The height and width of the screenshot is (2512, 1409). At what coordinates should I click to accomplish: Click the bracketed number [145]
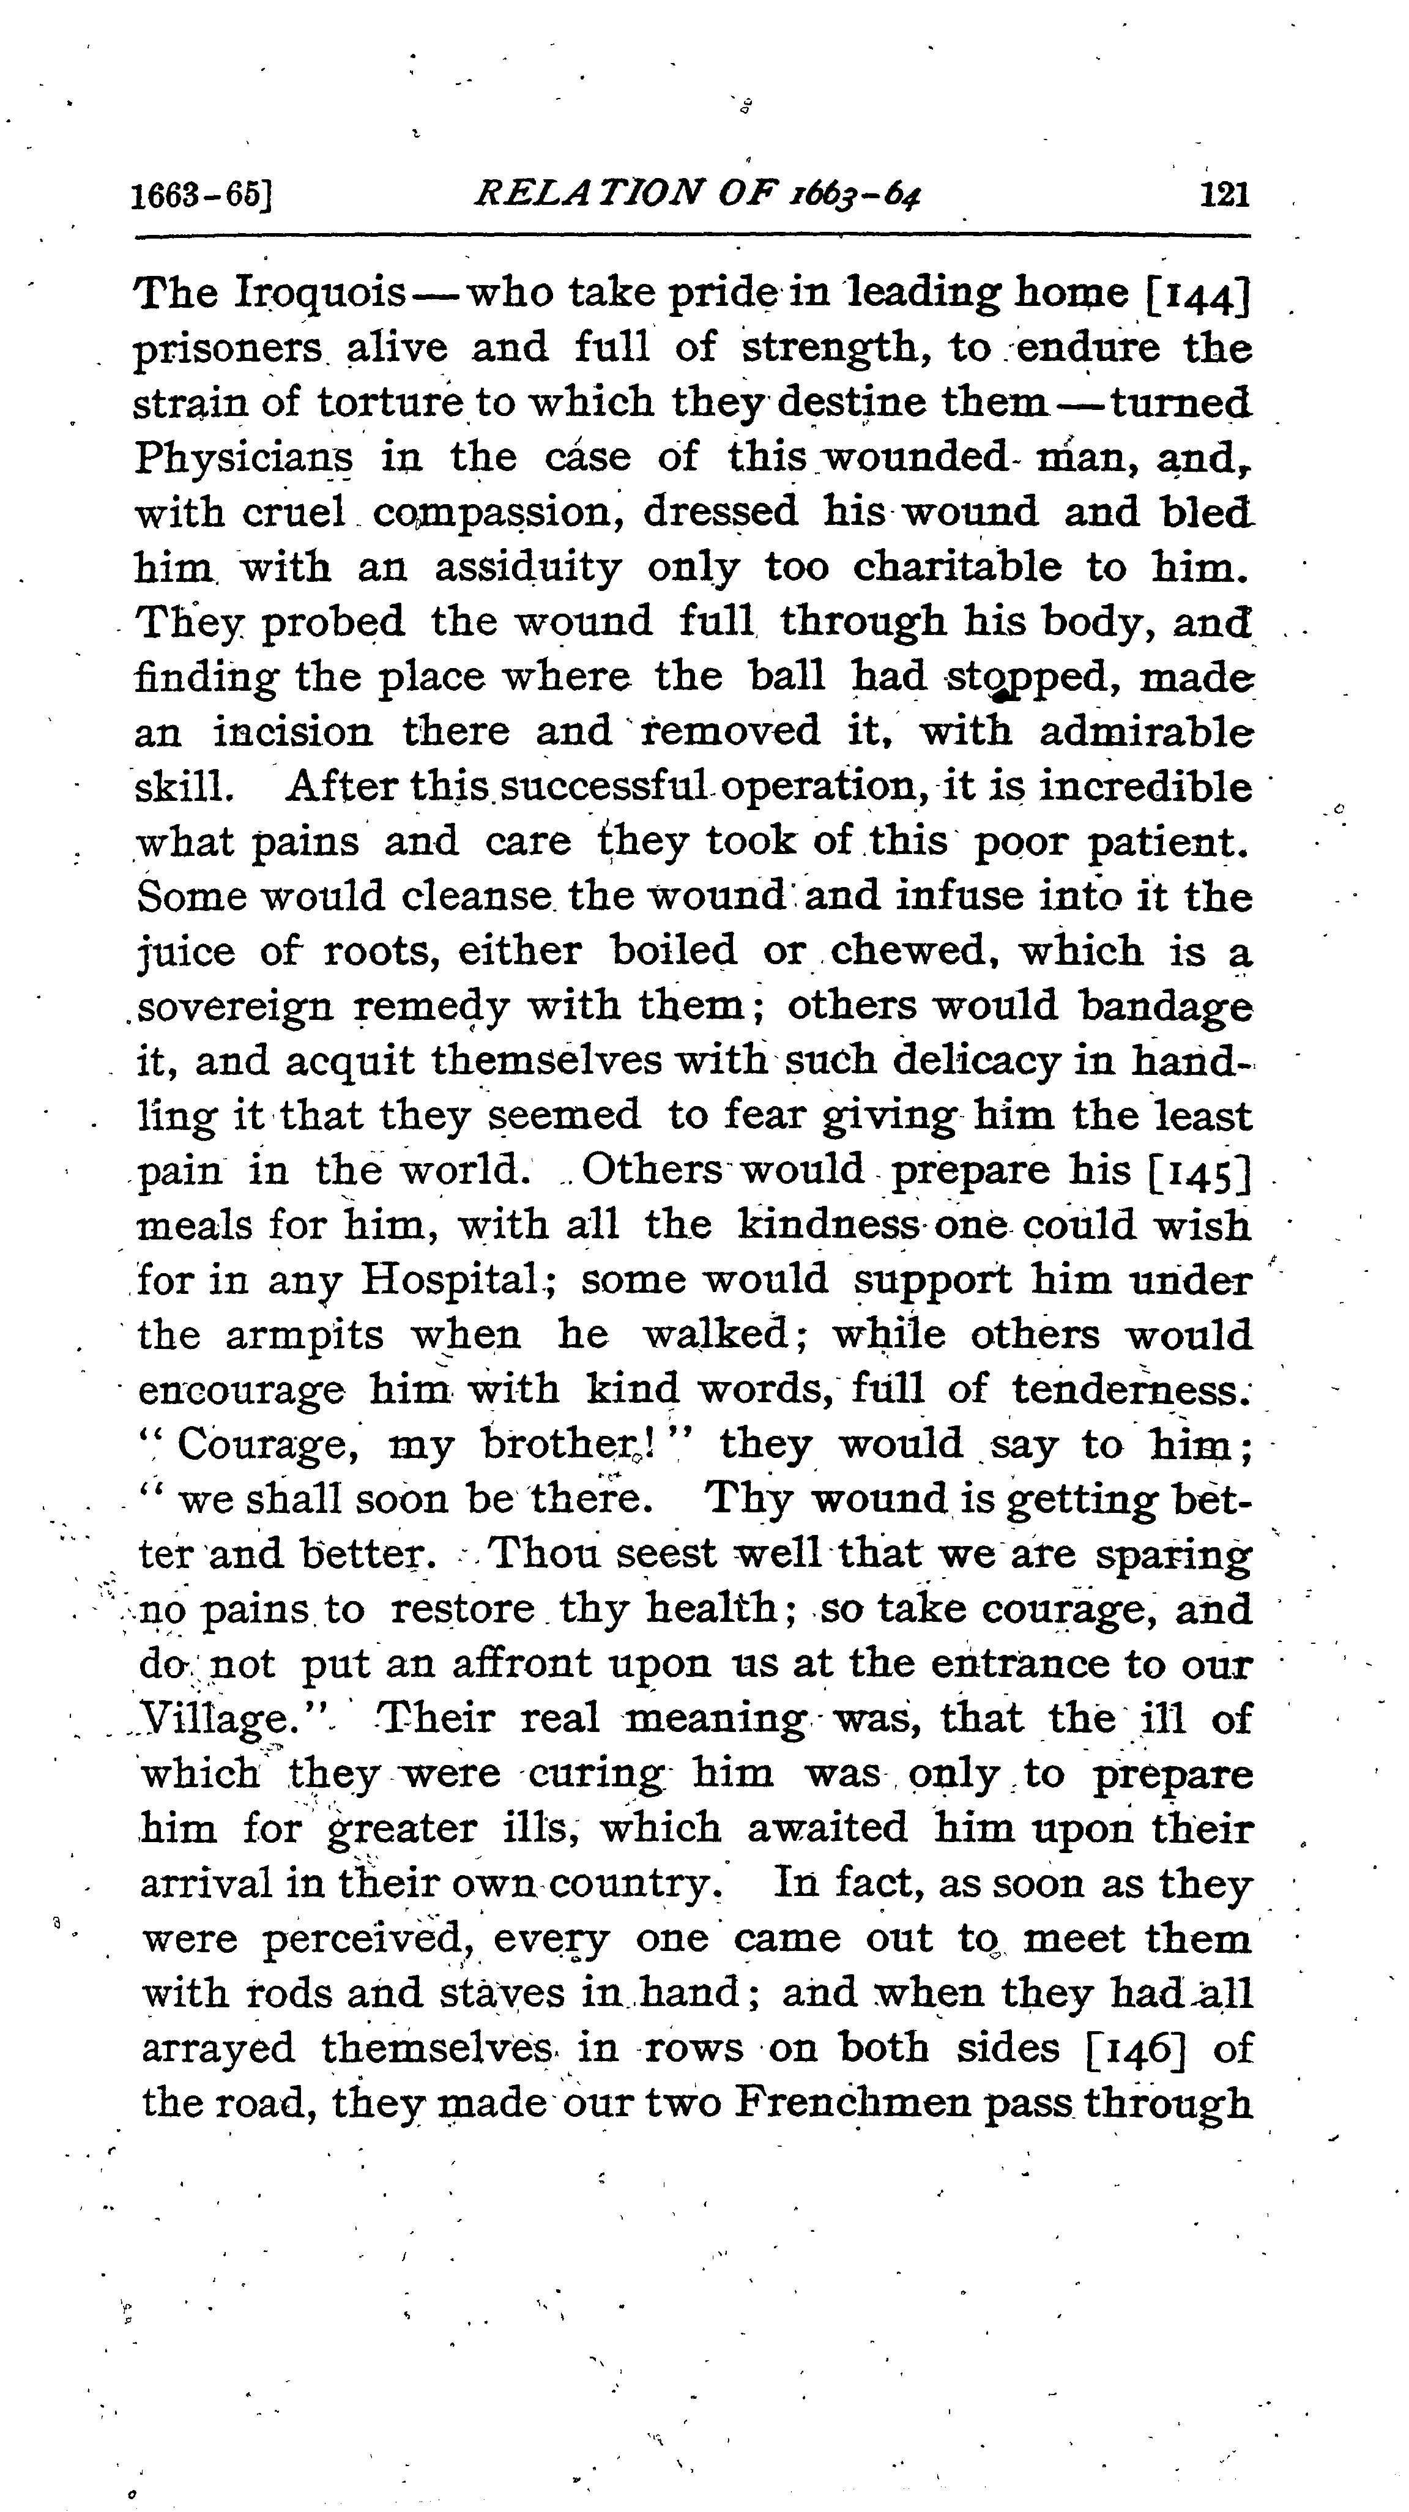[1199, 1170]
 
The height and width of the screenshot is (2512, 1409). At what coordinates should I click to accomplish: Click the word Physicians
[244, 458]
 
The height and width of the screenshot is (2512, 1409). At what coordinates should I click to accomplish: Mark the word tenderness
[1131, 1389]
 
